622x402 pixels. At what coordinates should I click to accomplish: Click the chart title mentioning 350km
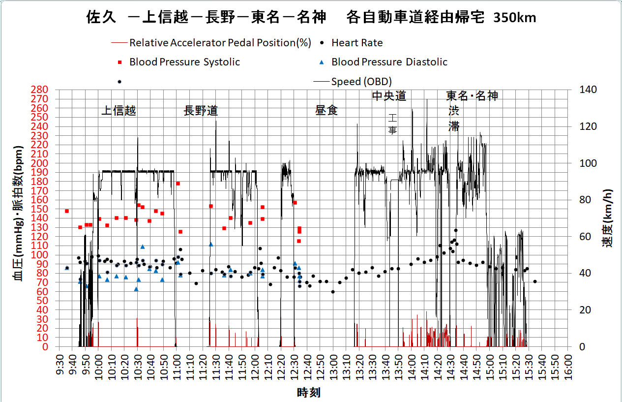coord(311,18)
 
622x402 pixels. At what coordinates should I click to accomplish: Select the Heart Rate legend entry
coord(357,43)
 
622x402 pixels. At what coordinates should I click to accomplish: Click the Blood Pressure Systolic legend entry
coord(184,62)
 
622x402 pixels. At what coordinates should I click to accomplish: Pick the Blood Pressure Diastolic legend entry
coord(389,62)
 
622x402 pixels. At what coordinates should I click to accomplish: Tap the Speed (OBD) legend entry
coord(361,81)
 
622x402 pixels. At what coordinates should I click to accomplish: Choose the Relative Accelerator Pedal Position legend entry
coord(220,43)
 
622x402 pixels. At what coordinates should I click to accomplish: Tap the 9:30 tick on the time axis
coord(59,364)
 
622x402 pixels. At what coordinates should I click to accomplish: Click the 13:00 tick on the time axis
coord(333,364)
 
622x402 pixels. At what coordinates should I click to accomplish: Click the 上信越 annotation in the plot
coord(118,111)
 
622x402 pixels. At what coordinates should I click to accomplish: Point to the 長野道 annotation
coord(201,111)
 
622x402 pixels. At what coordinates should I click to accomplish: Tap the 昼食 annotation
coord(326,110)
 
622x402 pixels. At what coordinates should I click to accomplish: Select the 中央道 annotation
coord(389,96)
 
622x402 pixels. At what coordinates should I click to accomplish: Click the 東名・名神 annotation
coord(472,96)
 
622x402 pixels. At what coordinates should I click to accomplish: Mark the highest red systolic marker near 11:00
coord(178,184)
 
